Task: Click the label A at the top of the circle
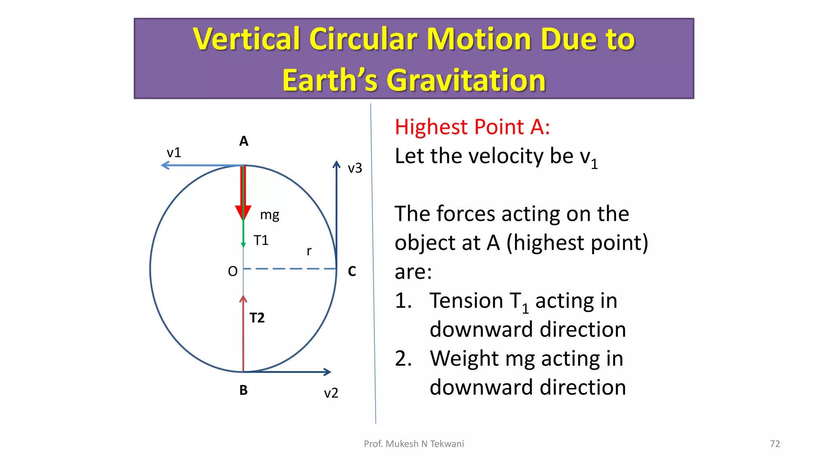tap(243, 141)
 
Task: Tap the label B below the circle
tap(243, 390)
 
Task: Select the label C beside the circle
tap(352, 271)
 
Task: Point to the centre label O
tap(232, 271)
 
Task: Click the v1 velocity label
tap(174, 153)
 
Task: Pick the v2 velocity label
tap(331, 393)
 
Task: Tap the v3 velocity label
tap(355, 168)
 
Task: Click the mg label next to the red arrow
tap(269, 215)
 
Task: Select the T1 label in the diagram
tap(261, 241)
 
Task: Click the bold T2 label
tap(257, 318)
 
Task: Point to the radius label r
tap(309, 251)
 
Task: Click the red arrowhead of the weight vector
tap(243, 212)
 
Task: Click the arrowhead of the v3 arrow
tap(336, 164)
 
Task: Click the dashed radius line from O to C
tap(289, 268)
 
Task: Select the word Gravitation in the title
tap(466, 80)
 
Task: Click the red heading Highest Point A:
tap(472, 127)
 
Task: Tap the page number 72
tap(775, 444)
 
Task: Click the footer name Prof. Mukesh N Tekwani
tap(414, 444)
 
